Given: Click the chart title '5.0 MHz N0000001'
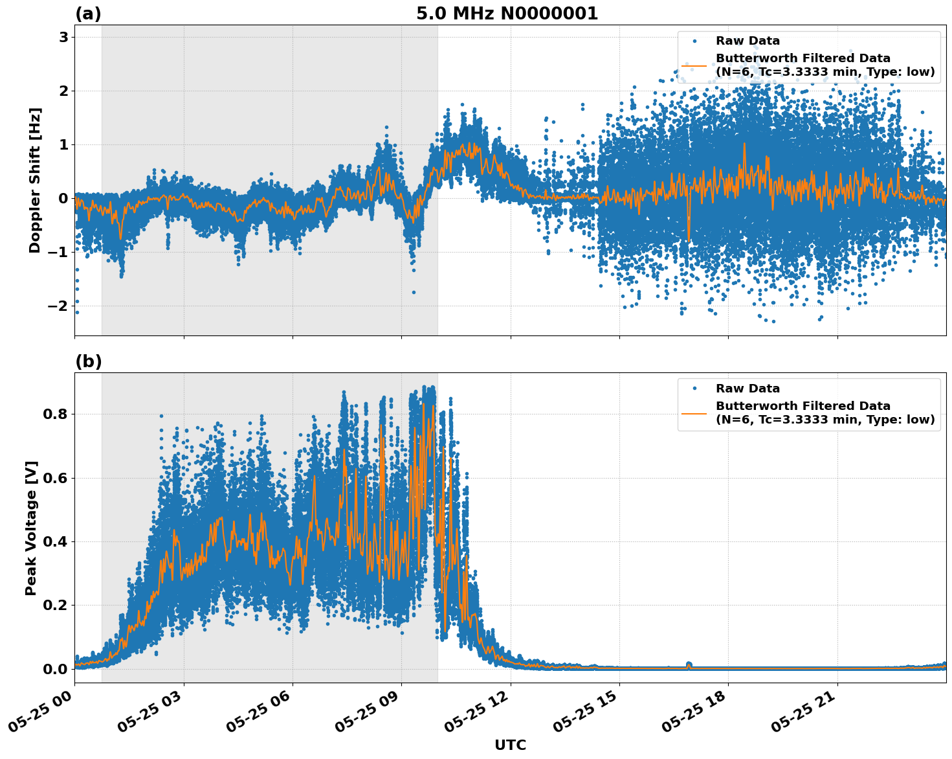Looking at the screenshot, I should click(507, 14).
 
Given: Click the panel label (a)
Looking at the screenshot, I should click(88, 14).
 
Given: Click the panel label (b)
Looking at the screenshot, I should click(88, 361).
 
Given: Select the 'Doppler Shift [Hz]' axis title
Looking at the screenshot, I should click(35, 180).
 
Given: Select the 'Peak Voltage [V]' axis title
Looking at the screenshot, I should click(31, 528).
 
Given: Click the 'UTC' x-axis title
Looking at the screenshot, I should click(510, 745).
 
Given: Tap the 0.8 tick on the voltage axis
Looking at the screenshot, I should click(55, 414).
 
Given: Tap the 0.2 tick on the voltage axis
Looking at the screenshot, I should click(55, 605).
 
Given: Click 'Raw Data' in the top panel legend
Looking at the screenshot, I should click(747, 41).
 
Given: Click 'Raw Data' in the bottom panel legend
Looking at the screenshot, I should click(747, 389).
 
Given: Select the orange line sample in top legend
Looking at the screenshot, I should click(694, 65).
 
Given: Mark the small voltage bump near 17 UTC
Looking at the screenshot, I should click(689, 664).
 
